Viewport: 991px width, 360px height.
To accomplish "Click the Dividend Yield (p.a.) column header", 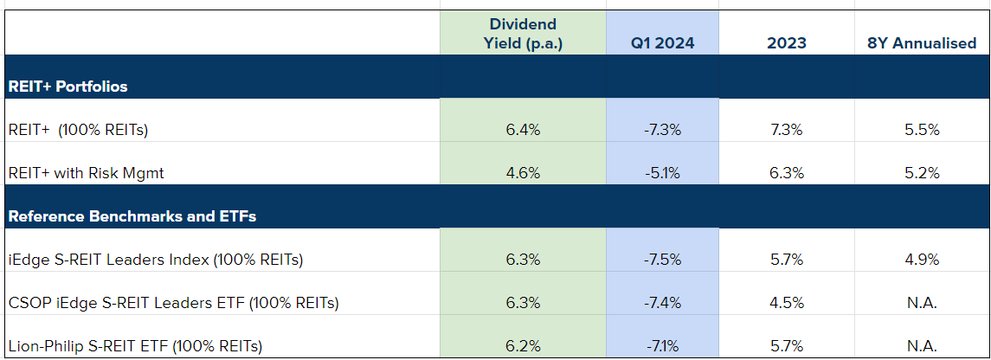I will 523,34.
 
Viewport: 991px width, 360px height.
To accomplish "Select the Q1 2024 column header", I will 662,43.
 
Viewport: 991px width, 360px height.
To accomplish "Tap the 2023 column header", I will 786,43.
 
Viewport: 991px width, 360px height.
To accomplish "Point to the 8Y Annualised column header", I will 921,43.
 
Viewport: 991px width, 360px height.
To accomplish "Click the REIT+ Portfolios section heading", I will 68,87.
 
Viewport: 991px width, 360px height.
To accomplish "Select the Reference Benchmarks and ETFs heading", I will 132,216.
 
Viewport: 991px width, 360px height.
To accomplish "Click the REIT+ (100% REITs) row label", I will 78,130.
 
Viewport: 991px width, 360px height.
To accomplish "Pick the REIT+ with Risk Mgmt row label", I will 86,173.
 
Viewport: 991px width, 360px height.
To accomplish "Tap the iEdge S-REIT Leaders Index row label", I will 155,260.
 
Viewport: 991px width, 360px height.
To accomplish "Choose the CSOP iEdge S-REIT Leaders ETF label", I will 172,303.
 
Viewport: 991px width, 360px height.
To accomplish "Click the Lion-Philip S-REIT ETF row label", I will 134,346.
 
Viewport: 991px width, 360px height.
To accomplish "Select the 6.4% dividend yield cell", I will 523,130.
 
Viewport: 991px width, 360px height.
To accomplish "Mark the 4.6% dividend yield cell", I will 523,173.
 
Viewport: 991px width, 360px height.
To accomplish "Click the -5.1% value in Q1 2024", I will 662,173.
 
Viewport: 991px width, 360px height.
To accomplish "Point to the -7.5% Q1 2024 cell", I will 662,260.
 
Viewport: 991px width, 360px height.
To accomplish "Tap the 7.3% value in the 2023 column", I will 786,130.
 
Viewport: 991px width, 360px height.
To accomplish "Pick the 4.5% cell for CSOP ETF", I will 786,303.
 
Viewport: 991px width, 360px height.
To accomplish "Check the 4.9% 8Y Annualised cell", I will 921,260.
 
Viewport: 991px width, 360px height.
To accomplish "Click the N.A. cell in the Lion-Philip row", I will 921,346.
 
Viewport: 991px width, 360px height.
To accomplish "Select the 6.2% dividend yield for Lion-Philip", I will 523,346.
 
